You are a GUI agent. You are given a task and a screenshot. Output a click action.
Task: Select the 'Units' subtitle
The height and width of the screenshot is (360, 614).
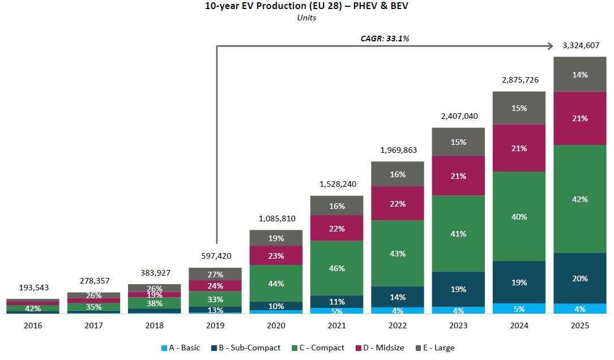point(306,18)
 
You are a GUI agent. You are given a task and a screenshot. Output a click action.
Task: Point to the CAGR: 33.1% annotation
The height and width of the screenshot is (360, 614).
point(385,38)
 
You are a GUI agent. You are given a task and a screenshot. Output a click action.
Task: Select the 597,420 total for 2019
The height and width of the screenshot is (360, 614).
point(215,256)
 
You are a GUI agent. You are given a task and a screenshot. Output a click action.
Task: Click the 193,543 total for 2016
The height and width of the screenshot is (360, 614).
point(33,288)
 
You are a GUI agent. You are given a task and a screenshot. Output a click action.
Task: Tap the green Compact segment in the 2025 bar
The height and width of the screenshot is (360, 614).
point(579,199)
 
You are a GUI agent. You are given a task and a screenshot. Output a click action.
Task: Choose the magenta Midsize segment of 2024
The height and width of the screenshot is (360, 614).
point(519,148)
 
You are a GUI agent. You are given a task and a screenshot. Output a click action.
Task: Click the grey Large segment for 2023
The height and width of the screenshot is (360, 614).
point(458,142)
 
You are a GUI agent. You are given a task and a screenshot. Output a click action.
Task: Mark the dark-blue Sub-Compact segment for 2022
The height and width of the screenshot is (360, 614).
point(398,297)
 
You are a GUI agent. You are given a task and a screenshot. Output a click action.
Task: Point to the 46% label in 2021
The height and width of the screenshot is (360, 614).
point(337,268)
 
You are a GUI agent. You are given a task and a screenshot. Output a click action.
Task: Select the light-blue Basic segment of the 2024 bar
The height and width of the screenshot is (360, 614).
point(519,308)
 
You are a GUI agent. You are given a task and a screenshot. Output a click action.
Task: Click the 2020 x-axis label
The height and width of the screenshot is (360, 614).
point(276,325)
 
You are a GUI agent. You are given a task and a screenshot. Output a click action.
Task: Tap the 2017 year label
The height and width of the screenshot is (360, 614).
point(94,325)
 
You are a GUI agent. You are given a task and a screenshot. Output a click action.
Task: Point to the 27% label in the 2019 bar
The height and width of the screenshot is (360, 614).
point(215,275)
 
